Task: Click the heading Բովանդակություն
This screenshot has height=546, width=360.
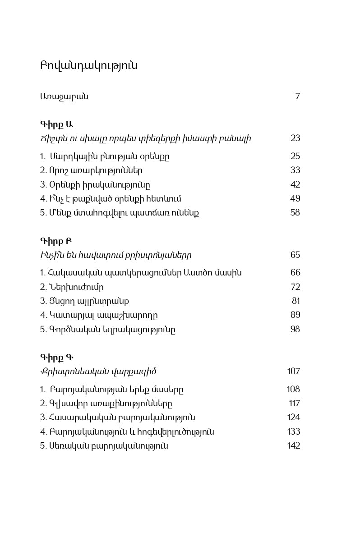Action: (x=89, y=66)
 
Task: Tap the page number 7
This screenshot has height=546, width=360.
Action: (x=297, y=96)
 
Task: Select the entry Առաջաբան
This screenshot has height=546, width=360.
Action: (x=64, y=96)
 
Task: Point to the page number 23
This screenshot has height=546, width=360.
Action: (x=295, y=138)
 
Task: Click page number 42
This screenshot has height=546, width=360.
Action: (x=295, y=184)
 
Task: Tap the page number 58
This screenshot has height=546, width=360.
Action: (x=295, y=212)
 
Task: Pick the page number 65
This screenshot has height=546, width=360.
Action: (x=295, y=255)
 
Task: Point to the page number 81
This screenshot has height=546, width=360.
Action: (x=296, y=301)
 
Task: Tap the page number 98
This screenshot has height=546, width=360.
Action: (x=295, y=329)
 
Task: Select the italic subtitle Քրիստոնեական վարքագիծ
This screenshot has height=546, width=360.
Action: (x=98, y=372)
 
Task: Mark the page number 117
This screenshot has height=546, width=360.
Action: (x=294, y=403)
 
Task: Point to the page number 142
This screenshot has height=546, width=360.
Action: (x=294, y=445)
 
